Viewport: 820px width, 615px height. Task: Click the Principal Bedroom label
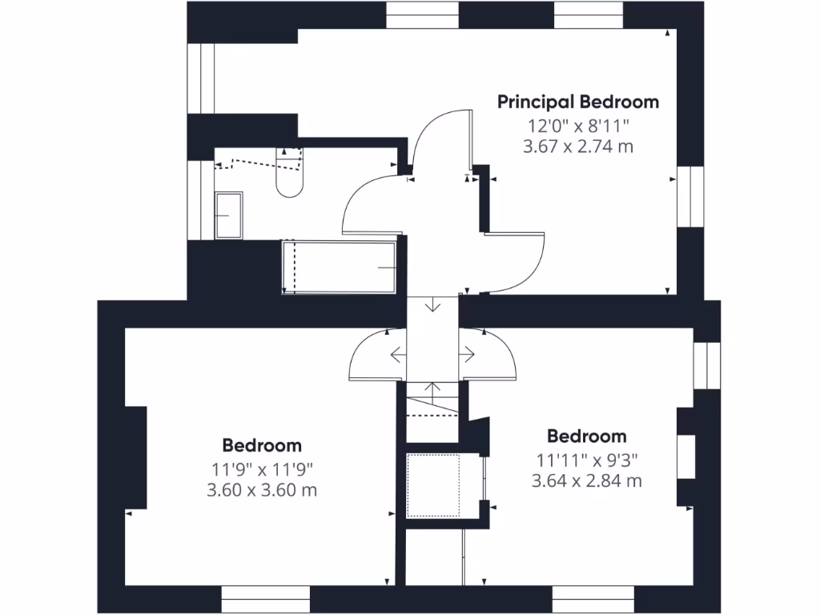[x=578, y=102]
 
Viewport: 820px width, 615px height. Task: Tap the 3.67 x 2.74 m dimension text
[x=578, y=147]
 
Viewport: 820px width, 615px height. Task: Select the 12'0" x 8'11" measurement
[x=578, y=125]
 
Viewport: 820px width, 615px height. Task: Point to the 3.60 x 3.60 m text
[x=262, y=489]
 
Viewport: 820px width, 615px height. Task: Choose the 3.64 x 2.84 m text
[x=587, y=480]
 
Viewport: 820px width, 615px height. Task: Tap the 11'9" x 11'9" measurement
[x=262, y=468]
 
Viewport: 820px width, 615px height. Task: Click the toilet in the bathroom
[x=289, y=173]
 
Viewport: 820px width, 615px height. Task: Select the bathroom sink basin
[x=229, y=215]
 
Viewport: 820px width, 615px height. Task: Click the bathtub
[x=340, y=267]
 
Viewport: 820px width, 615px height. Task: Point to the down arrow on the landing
[x=433, y=305]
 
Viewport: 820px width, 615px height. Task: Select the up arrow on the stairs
[x=433, y=392]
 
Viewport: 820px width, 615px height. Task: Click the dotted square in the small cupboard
[x=433, y=485]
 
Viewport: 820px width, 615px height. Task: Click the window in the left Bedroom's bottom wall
[x=265, y=599]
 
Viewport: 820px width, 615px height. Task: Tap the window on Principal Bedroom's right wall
[x=689, y=196]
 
